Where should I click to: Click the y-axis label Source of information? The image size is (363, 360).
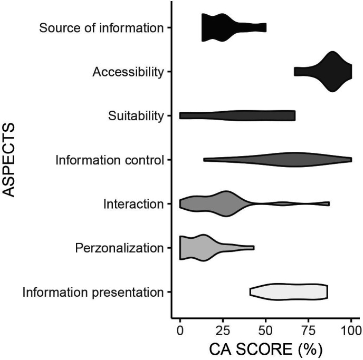coord(101,27)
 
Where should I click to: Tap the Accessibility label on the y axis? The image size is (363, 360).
coord(128,72)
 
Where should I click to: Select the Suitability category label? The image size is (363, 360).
coord(136,116)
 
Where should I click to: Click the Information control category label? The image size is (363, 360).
coord(110,160)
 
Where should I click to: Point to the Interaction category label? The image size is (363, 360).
coord(133,203)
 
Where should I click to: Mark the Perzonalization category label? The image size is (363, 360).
coord(119,248)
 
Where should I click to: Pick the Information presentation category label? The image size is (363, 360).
coord(93,292)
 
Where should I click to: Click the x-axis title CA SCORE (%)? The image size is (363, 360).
coord(265,349)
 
